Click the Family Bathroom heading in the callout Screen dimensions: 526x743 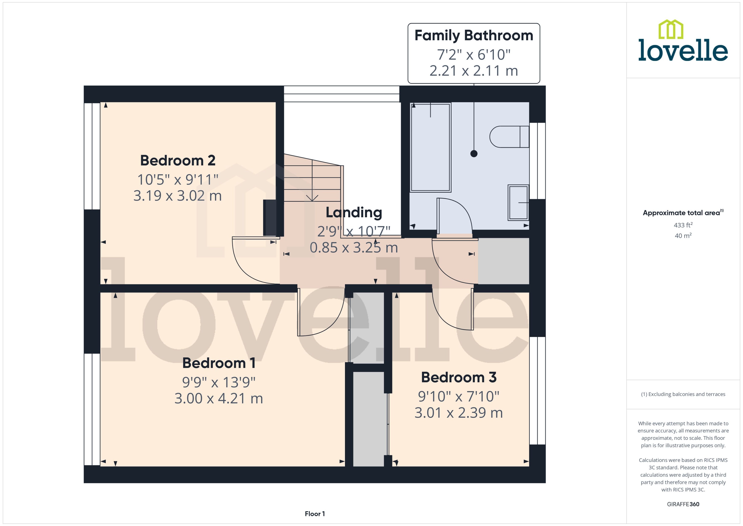click(473, 35)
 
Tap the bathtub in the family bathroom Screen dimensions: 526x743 click(430, 147)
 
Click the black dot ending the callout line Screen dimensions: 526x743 click(474, 154)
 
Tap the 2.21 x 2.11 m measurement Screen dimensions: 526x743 click(473, 71)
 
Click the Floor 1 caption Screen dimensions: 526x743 click(315, 514)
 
